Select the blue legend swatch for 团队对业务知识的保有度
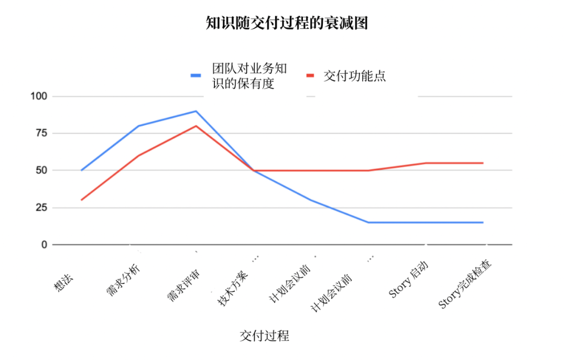point(196,75)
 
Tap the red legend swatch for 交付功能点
point(310,75)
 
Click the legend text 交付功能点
point(354,75)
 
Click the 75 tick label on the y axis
point(41,133)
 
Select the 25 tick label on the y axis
point(41,208)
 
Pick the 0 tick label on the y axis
point(44,245)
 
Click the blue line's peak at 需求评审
point(196,111)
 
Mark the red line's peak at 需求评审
point(196,126)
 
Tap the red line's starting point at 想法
point(82,200)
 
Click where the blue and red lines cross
point(254,170)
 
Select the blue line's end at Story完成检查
point(483,222)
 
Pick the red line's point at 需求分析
point(139,156)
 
